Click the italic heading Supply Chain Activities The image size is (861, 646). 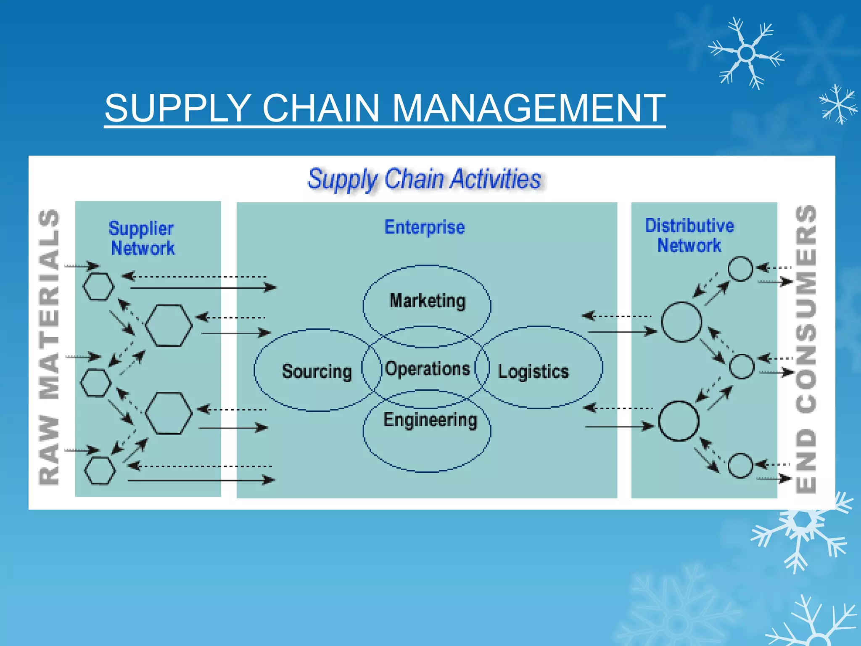point(424,179)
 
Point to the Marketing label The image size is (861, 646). point(428,301)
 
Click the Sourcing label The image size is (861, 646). point(317,371)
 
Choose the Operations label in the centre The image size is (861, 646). point(427,369)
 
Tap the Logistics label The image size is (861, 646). point(533,372)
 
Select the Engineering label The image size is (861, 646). point(430,420)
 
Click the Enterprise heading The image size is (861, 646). point(425,227)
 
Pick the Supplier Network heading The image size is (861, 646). point(142,238)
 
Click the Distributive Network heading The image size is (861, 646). point(689,236)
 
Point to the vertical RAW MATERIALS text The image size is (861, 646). point(49,347)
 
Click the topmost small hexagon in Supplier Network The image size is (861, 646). point(98,286)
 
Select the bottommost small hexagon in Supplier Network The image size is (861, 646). point(100,471)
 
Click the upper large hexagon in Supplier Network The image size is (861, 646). point(169,326)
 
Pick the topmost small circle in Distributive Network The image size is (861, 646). point(740,269)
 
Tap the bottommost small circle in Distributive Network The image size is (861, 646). point(740,466)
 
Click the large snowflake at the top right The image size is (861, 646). point(746,53)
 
